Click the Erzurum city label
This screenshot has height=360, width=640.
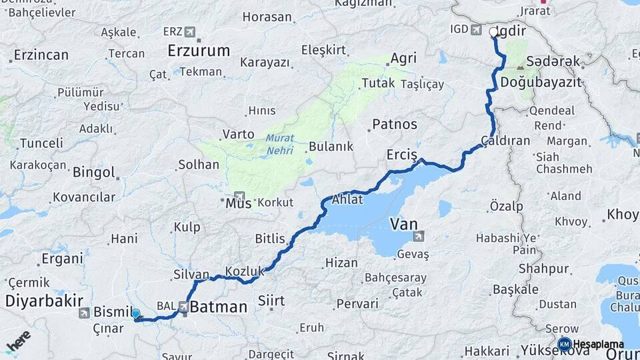point(199,50)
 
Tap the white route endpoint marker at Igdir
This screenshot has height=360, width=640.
point(494,31)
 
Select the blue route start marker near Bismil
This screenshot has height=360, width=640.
point(135,313)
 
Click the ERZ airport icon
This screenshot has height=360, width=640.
point(191,31)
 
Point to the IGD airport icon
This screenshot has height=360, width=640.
point(476,29)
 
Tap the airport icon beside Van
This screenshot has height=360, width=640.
point(418,235)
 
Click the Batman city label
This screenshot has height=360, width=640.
point(218,307)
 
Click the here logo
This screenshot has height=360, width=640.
point(19,342)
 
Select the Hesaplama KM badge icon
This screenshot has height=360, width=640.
point(564,344)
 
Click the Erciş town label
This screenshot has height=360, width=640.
point(401,155)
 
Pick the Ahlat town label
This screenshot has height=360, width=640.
point(347,199)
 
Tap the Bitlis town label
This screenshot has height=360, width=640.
point(270,239)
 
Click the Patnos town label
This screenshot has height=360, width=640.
point(395,124)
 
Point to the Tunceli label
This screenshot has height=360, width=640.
point(41,143)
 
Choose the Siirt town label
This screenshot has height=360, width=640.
point(271,301)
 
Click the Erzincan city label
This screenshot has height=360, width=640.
point(41,55)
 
